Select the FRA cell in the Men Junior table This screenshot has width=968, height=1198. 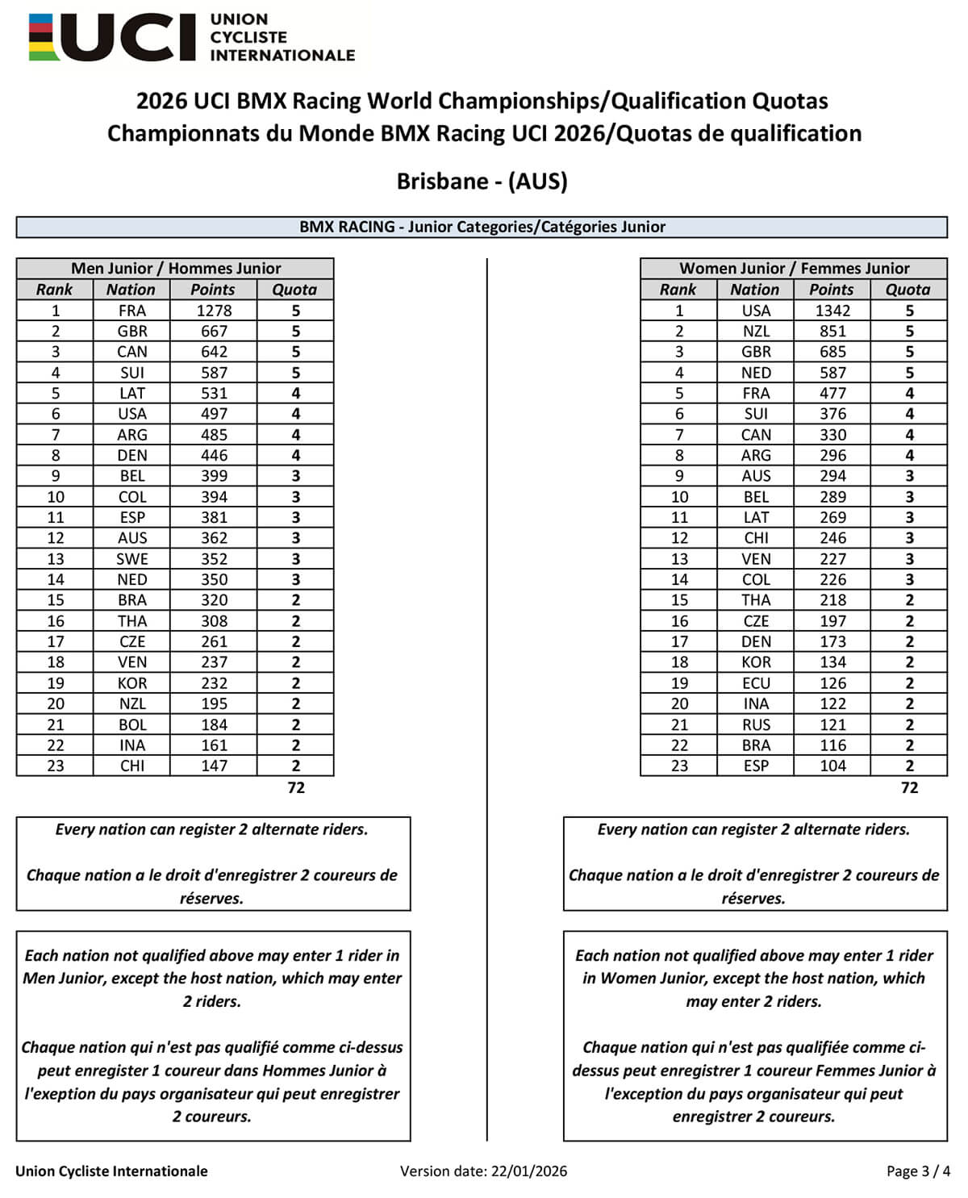pyautogui.click(x=131, y=311)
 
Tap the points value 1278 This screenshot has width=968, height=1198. pyautogui.click(x=214, y=311)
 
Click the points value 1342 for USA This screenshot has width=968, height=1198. pyautogui.click(x=832, y=311)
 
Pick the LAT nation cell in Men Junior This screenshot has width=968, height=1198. pyautogui.click(x=131, y=394)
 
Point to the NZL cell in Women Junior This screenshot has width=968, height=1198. pyautogui.click(x=755, y=332)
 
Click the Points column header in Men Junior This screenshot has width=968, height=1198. pyautogui.click(x=213, y=290)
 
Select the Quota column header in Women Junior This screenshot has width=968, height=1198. pyautogui.click(x=907, y=290)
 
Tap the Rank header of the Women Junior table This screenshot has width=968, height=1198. pyautogui.click(x=678, y=290)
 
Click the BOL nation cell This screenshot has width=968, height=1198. pyautogui.click(x=131, y=724)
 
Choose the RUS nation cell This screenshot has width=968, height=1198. pyautogui.click(x=755, y=724)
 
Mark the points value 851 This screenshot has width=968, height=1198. pyautogui.click(x=832, y=332)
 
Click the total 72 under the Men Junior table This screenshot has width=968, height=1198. pyautogui.click(x=296, y=787)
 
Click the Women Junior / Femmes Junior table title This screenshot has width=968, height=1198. pyautogui.click(x=794, y=268)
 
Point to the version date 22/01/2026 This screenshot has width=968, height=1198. pyautogui.click(x=528, y=1171)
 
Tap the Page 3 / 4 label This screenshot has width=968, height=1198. pyautogui.click(x=918, y=1171)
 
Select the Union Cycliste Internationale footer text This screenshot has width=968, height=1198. pyautogui.click(x=111, y=1171)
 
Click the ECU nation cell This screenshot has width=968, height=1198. pyautogui.click(x=755, y=683)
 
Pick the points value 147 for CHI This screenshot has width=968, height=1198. pyautogui.click(x=214, y=766)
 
